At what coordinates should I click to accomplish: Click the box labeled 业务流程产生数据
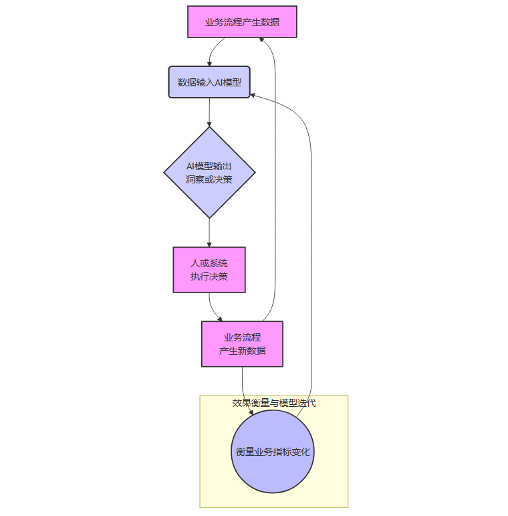point(242,22)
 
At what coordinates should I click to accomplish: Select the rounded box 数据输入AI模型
point(209,82)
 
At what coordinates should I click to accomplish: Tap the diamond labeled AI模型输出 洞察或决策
point(209,172)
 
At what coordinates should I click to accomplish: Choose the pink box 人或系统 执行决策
point(209,270)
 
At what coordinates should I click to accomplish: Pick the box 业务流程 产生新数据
point(242,344)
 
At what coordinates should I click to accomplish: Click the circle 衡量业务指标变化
point(273,451)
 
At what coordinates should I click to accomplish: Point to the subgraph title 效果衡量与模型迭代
point(273,403)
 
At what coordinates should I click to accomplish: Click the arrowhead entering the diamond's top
point(209,124)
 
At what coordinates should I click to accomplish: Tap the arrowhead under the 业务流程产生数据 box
point(262,41)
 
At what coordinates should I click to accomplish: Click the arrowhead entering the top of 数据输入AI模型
point(209,63)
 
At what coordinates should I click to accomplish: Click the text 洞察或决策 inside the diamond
point(209,179)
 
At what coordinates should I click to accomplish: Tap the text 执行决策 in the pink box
point(209,276)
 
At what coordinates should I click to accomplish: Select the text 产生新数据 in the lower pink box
point(242,351)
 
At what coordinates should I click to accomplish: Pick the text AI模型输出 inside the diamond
point(209,165)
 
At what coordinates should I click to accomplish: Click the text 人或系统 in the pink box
point(209,263)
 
